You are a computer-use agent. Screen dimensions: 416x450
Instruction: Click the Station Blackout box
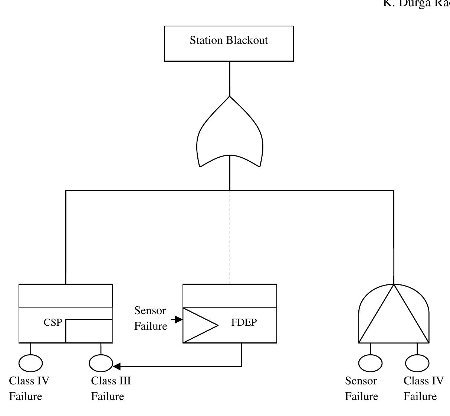click(229, 43)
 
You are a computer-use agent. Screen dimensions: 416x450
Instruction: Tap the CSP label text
click(53, 323)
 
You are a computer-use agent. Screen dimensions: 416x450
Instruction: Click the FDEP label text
click(244, 323)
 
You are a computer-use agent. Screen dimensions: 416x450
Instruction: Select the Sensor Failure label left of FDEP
click(150, 318)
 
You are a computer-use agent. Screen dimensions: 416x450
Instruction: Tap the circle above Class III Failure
click(101, 363)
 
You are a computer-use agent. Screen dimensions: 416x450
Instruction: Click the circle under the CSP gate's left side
click(30, 363)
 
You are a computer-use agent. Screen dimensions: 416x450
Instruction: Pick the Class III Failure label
click(111, 388)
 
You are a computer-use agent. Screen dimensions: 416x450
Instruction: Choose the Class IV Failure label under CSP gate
click(29, 388)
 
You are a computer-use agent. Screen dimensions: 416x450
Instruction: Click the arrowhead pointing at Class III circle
click(116, 367)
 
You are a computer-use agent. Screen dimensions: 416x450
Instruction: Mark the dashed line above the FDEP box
click(230, 238)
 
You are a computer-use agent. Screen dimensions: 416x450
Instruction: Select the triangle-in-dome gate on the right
click(394, 316)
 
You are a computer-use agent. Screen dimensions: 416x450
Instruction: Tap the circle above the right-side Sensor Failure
click(370, 363)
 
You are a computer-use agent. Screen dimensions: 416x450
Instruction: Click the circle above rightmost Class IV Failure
click(417, 363)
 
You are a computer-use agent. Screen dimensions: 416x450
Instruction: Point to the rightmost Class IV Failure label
click(423, 388)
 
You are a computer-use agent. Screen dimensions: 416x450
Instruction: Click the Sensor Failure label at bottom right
click(361, 388)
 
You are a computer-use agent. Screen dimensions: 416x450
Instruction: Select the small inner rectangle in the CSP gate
click(89, 331)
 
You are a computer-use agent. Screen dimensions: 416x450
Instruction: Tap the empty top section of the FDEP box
click(230, 296)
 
